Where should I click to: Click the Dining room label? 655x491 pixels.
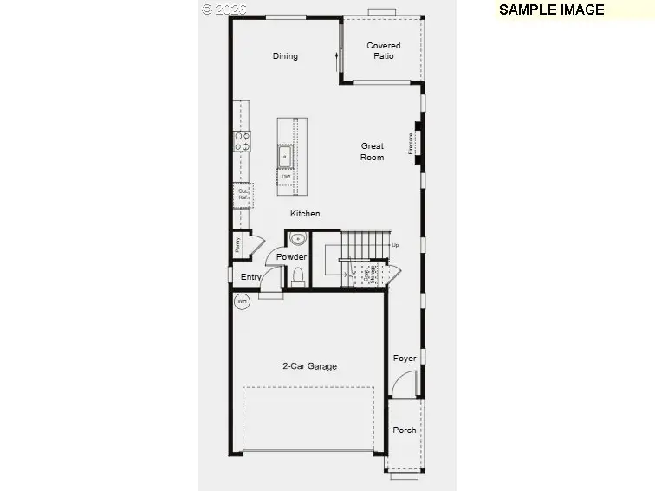click(285, 56)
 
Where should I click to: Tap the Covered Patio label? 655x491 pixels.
click(384, 51)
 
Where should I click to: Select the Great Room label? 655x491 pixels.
click(373, 152)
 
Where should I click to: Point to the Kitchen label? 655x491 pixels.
click(305, 214)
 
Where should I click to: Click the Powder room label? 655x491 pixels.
click(291, 257)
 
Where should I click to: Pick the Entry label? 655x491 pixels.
click(251, 277)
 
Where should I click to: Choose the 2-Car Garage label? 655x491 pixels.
click(309, 366)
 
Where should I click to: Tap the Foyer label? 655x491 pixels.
click(405, 359)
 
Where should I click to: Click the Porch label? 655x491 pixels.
click(405, 430)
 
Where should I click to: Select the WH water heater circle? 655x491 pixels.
click(243, 301)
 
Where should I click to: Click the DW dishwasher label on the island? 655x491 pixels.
click(285, 177)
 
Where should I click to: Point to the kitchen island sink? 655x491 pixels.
click(285, 156)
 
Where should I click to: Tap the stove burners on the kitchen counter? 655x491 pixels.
click(242, 141)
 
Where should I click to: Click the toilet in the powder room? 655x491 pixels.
click(298, 276)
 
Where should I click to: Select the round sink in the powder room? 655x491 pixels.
click(297, 240)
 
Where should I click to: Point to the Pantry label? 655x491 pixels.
click(237, 245)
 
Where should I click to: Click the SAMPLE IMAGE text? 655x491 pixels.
click(551, 10)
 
